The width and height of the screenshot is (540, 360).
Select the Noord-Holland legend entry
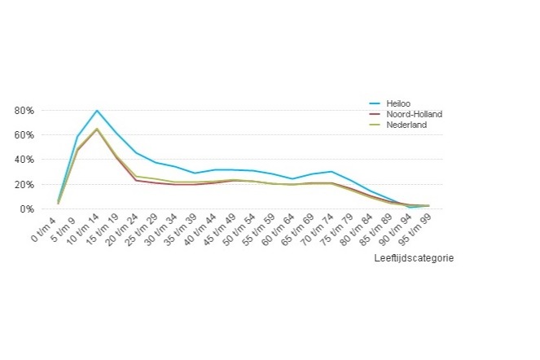pyautogui.click(x=414, y=114)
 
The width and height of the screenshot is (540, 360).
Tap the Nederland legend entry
pyautogui.click(x=406, y=125)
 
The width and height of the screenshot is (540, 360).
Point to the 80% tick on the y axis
pyautogui.click(x=23, y=110)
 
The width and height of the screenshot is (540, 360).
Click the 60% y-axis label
pyautogui.click(x=23, y=134)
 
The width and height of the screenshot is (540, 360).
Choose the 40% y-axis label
pyautogui.click(x=23, y=160)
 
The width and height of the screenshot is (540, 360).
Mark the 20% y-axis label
pyautogui.click(x=23, y=184)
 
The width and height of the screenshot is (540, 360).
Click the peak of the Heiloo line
pyautogui.click(x=97, y=110)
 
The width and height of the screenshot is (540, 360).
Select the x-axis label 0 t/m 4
pyautogui.click(x=43, y=229)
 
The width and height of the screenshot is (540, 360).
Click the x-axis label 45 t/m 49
pyautogui.click(x=215, y=231)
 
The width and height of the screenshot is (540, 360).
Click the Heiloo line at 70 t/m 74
pyautogui.click(x=331, y=172)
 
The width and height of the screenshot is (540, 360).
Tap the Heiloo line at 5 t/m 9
pyautogui.click(x=77, y=137)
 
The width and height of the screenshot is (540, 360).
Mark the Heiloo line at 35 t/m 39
pyautogui.click(x=194, y=173)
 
